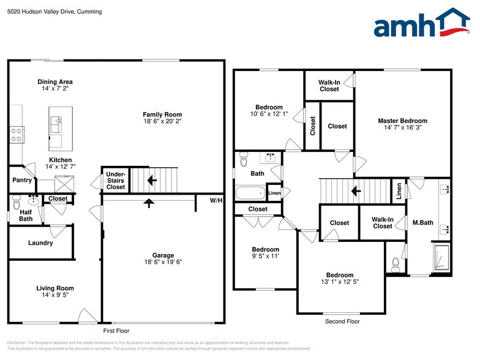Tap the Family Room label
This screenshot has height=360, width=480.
coord(162,114)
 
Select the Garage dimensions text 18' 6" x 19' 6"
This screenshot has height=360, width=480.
coord(163,262)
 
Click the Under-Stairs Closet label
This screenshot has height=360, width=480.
coord(116,181)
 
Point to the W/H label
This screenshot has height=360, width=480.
coord(216,200)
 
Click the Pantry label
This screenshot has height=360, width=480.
coord(22,180)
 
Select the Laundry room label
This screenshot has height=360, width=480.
coord(40,243)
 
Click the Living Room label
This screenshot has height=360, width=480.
coord(55,288)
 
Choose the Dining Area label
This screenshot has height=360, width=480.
coord(55,81)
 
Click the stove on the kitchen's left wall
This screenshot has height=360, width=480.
coord(16,134)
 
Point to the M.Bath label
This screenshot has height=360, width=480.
coord(422,222)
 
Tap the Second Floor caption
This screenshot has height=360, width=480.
coord(342,321)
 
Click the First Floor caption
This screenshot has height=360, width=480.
coord(116,331)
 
